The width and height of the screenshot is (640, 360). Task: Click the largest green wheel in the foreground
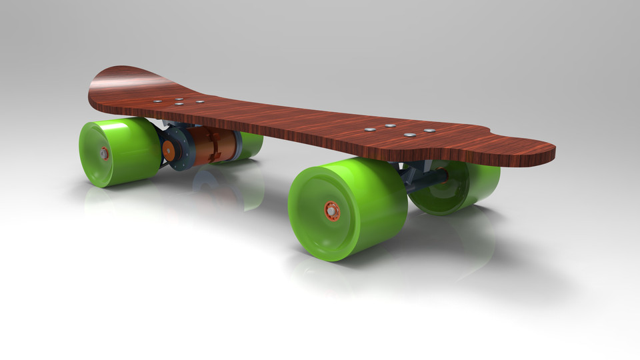click(347, 207)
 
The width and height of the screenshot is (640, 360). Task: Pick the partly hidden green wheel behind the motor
click(249, 146)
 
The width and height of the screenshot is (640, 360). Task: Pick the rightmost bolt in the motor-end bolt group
click(199, 102)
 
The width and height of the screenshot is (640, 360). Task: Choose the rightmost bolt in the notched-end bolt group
click(430, 129)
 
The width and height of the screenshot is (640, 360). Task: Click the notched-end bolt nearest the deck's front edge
click(409, 135)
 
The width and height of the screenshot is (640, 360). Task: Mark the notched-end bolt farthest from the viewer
click(391, 125)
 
